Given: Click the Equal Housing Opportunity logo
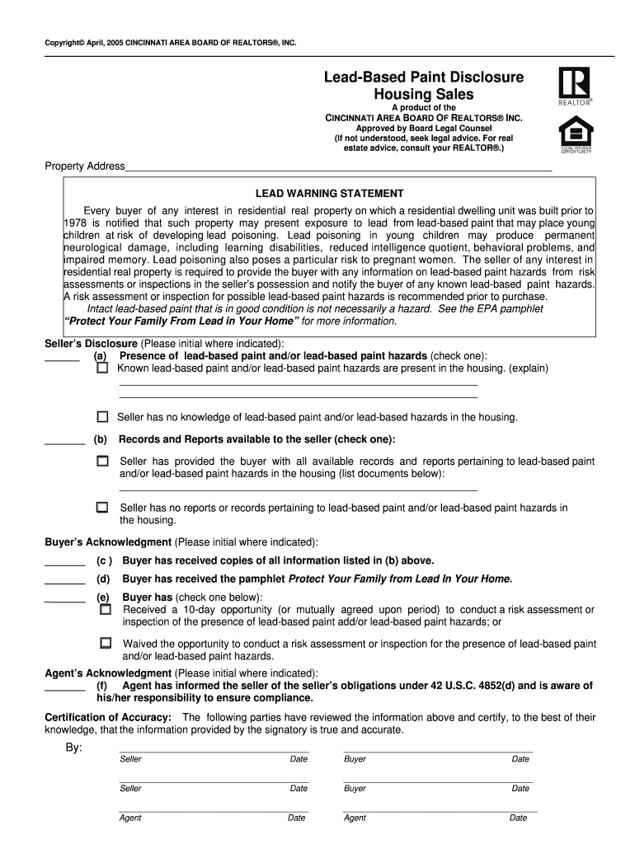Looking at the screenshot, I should [x=575, y=137].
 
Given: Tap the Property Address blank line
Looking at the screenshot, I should [x=338, y=168].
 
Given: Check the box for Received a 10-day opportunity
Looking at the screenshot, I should [x=105, y=610].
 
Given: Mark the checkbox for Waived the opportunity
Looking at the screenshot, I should [x=105, y=643].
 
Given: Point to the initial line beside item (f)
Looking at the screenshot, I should [x=64, y=690].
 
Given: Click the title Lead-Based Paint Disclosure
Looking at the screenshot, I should [x=423, y=77].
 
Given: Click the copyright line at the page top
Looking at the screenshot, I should [x=170, y=41].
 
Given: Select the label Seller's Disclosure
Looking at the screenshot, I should [x=91, y=343].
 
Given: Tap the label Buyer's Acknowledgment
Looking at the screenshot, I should [x=107, y=542].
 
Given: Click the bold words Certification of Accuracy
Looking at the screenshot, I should [x=108, y=717].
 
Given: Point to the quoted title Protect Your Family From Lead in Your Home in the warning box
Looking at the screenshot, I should [x=181, y=321].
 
